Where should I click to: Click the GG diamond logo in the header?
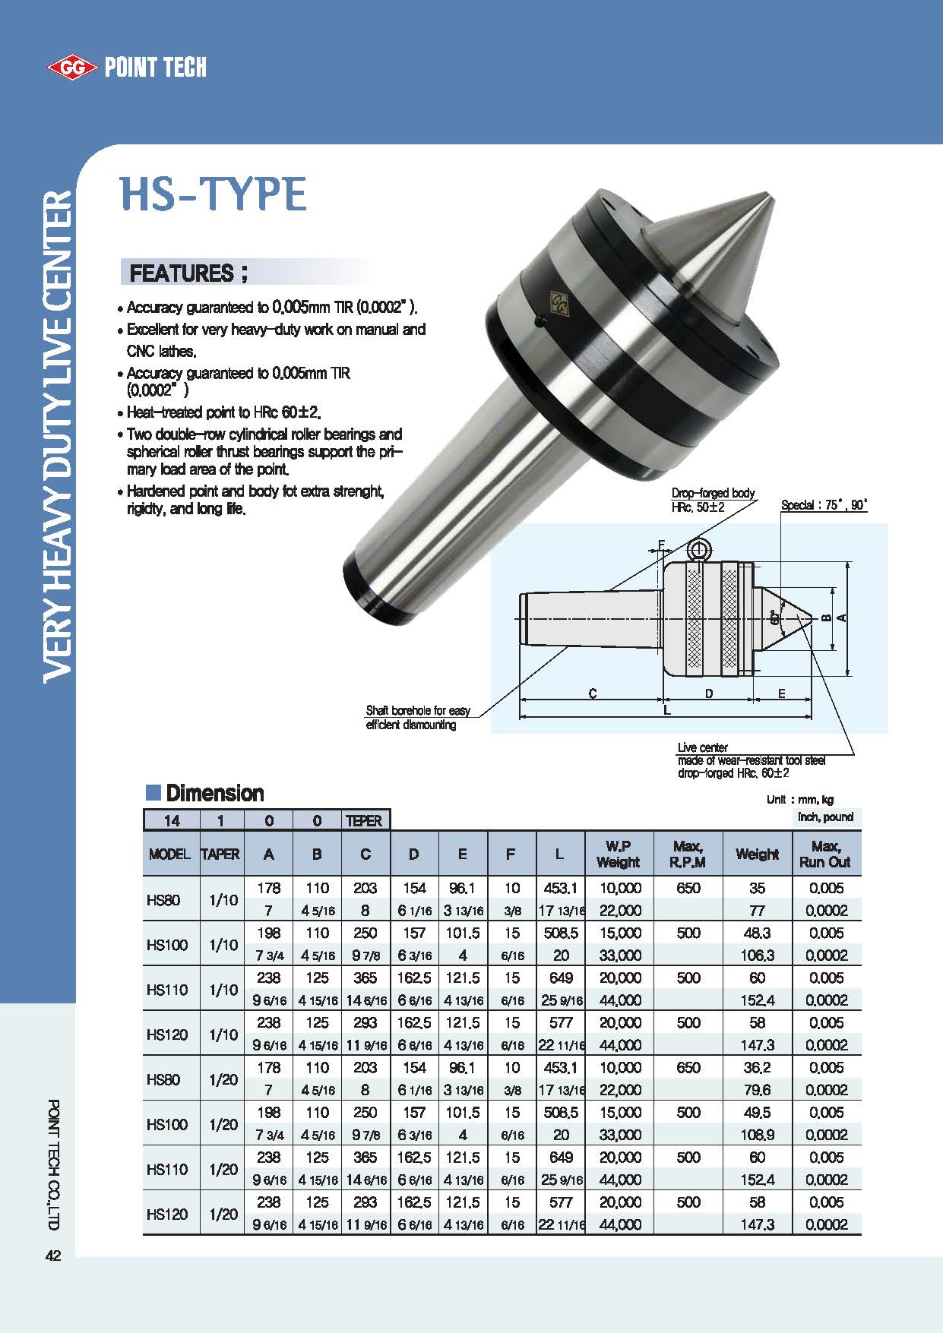coord(72,68)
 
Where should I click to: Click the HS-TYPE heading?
coord(214,194)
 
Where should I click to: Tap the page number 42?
coord(53,1256)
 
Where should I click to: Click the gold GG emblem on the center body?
coord(560,304)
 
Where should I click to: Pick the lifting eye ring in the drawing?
coord(698,549)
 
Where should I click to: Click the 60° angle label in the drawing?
coord(774,617)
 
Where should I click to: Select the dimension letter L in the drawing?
coord(667,710)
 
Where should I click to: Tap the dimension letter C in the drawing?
coord(593,693)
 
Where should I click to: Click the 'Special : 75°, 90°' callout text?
coord(824,505)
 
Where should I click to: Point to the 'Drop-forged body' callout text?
coord(713,494)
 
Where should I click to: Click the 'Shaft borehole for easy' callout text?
coord(418,711)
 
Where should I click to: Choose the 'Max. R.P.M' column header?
coord(688,854)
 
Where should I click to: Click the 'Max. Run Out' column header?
coord(825,854)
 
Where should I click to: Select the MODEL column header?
coord(169,854)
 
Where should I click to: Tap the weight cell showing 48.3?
coord(757,933)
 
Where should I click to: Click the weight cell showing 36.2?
coord(757,1067)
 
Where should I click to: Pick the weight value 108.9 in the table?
coord(757,1135)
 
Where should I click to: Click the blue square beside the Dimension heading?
coord(153,793)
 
